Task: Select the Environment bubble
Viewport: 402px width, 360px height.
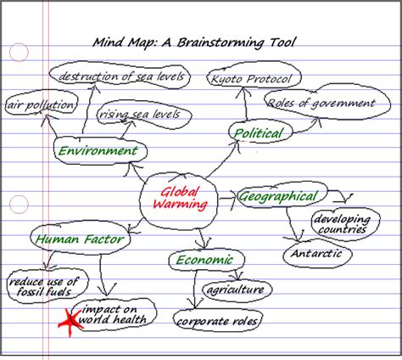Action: (x=96, y=151)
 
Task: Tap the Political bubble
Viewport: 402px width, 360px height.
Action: (x=259, y=132)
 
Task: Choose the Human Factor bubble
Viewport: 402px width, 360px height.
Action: (x=80, y=239)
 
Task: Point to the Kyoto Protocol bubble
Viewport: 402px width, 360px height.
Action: (x=254, y=80)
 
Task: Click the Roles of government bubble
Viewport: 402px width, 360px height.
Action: (x=320, y=104)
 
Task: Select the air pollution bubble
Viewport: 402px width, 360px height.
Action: (x=40, y=105)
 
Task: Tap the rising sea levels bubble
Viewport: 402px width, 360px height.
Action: (x=137, y=114)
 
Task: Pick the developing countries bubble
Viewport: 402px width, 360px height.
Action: (x=340, y=223)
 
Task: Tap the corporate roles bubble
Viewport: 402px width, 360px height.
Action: (x=217, y=321)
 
